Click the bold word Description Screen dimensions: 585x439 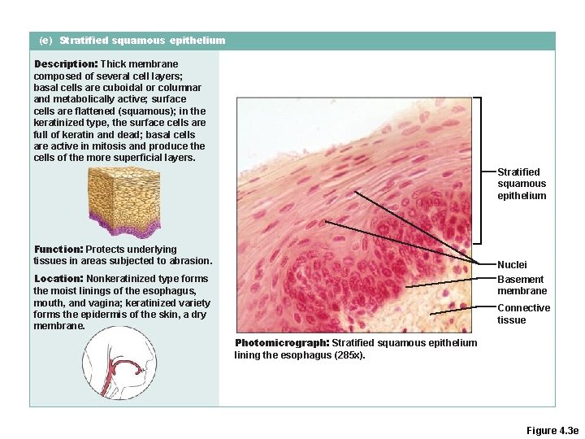point(65,63)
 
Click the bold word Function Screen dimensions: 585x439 point(58,249)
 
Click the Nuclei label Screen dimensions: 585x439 point(512,264)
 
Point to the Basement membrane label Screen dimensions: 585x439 point(522,285)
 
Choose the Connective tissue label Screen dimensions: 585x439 point(523,314)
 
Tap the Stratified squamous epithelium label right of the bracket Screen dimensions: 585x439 point(522,184)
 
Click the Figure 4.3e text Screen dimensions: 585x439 point(552,429)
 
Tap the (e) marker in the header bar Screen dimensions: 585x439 point(45,40)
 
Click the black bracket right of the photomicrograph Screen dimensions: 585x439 point(480,171)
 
